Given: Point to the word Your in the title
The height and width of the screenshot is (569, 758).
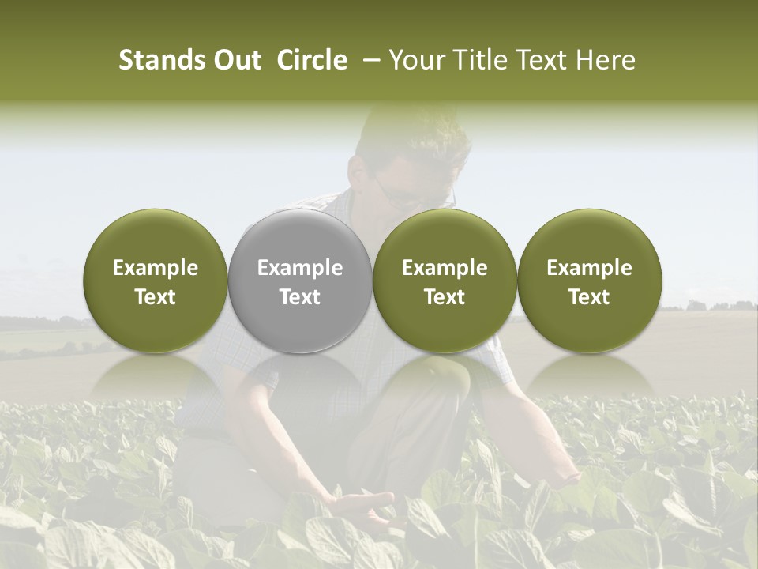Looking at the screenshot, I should (416, 60).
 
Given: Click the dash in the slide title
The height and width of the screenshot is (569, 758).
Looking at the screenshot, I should (369, 60).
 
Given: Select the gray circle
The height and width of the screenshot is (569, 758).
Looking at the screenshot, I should (300, 281).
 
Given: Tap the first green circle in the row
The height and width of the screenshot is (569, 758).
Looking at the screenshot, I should (155, 281).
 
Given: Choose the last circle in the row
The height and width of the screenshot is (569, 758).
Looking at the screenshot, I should (589, 281).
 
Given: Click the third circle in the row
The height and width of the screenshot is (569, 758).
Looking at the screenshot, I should (445, 281).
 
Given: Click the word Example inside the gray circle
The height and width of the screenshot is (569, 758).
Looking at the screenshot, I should (300, 268).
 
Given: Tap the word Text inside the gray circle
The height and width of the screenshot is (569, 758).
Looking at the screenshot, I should (300, 297).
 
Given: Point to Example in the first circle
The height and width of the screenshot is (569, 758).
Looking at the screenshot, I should (155, 268).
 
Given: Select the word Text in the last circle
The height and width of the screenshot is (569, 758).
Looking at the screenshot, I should (589, 297).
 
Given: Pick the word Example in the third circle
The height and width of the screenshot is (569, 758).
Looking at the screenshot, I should (445, 268).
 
